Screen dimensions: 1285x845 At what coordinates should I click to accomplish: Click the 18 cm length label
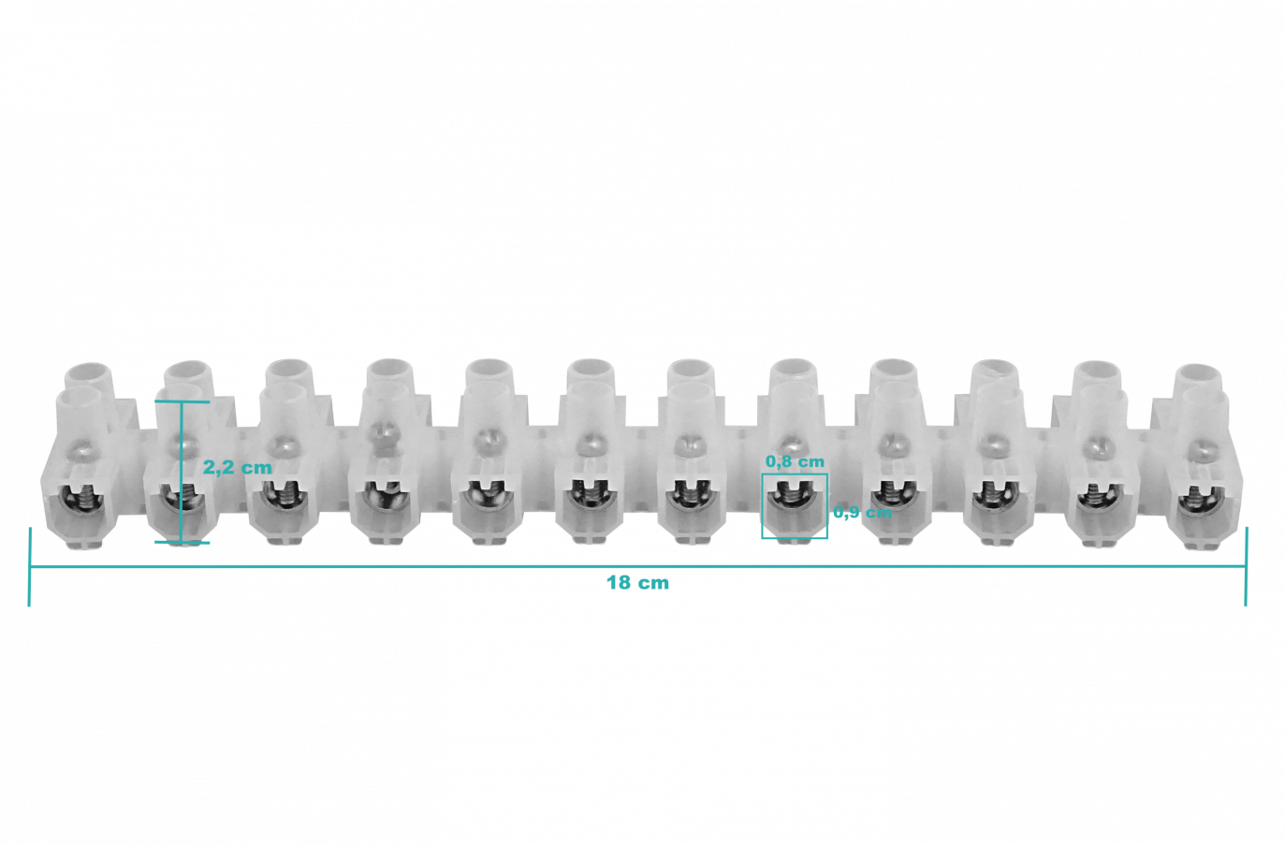tap(637, 583)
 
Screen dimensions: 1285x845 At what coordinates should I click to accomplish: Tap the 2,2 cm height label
tap(238, 468)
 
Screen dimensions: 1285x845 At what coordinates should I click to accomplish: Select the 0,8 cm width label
tap(795, 461)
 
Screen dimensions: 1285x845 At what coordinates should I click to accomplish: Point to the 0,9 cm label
tap(863, 512)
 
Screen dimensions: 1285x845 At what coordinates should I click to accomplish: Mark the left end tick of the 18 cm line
tap(29, 567)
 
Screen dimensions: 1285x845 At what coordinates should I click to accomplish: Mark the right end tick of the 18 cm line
tap(1245, 567)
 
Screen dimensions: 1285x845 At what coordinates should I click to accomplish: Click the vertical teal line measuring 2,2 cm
tap(183, 473)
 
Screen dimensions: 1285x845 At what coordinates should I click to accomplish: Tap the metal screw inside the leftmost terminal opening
tap(83, 497)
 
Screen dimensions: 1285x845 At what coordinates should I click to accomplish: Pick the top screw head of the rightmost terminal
tap(1197, 451)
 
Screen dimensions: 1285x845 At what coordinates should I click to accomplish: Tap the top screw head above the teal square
tap(791, 445)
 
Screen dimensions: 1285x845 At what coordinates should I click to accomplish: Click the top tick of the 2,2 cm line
tap(183, 401)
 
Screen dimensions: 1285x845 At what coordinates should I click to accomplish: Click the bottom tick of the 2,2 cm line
tap(183, 542)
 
